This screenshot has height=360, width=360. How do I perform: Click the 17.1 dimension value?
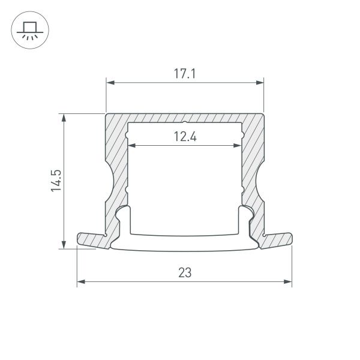tap(185, 74)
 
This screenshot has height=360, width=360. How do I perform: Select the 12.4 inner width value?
tap(185, 136)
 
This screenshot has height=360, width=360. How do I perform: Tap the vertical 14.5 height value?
tap(56, 181)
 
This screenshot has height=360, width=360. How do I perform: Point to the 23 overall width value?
tap(185, 272)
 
